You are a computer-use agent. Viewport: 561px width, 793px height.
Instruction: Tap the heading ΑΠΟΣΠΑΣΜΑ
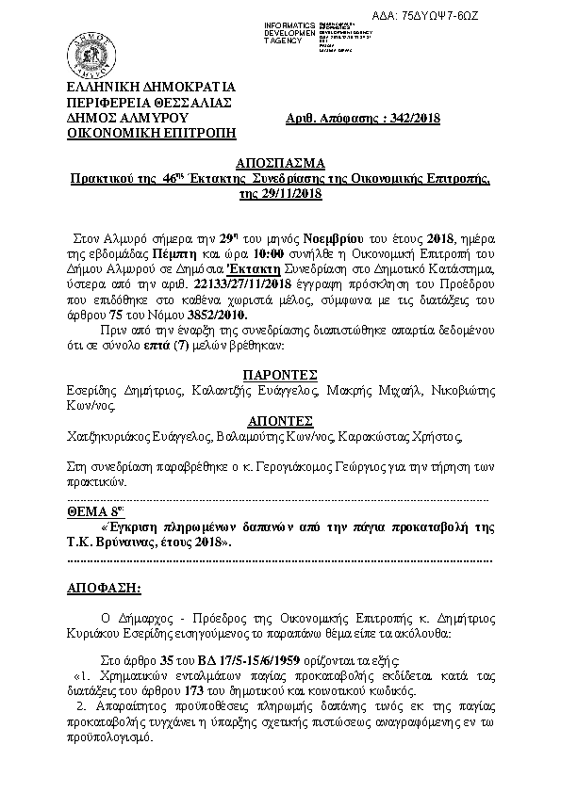(280, 161)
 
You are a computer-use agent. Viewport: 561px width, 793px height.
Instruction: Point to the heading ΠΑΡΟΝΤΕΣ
(280, 372)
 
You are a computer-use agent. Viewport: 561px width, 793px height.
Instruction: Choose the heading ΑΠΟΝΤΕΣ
(280, 420)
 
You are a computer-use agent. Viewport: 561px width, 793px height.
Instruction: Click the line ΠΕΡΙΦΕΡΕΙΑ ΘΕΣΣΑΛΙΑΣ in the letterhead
(144, 102)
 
